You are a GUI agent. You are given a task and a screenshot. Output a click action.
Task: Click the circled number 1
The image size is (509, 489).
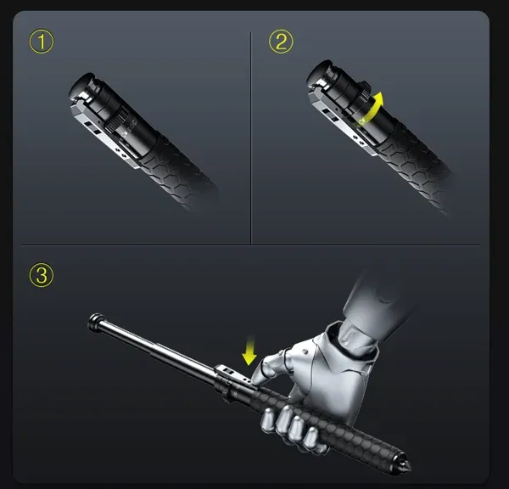(x=42, y=42)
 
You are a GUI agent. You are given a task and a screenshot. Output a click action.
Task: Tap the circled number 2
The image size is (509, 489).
(x=282, y=42)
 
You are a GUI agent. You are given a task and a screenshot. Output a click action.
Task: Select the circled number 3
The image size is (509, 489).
(x=42, y=275)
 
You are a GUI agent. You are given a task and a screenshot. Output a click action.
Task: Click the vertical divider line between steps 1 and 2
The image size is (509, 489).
(x=251, y=136)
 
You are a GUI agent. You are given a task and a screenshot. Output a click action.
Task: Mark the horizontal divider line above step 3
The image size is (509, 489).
(x=255, y=246)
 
